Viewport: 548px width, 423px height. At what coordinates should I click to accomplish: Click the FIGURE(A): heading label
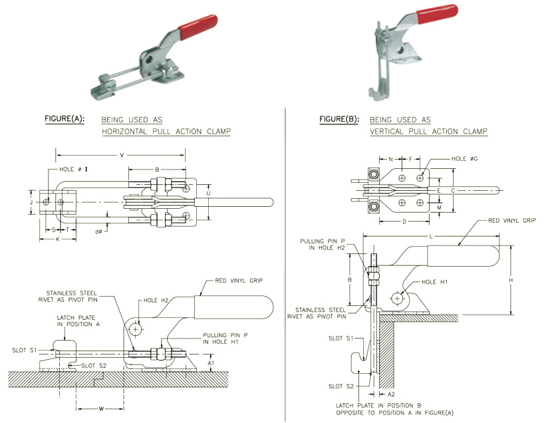coord(65,119)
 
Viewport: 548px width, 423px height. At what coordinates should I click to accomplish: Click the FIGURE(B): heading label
coord(339,119)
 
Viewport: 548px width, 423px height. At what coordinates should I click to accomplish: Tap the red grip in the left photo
coord(198,27)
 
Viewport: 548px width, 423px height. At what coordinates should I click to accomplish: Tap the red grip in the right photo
coord(437,13)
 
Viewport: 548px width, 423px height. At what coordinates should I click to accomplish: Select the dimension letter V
coord(122,155)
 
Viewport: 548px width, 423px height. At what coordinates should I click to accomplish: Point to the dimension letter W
coord(101,408)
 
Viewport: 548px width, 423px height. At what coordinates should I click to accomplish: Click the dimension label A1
coord(211,363)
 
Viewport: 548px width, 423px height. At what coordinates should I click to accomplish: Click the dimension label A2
coord(391,394)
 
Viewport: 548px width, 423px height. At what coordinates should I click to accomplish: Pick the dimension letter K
coord(58,239)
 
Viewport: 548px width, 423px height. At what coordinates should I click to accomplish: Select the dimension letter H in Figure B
coord(511,281)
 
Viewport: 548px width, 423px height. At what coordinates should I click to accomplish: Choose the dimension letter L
coord(431,237)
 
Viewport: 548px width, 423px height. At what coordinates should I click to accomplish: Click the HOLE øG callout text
coord(464,159)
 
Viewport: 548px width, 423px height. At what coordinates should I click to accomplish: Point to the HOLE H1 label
coord(434,282)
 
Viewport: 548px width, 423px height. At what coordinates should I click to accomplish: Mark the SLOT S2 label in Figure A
coord(94,366)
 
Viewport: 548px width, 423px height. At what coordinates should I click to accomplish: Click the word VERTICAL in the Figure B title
coord(386,132)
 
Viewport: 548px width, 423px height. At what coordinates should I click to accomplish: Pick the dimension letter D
coord(404,221)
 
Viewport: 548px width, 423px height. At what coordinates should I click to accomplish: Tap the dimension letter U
coord(209,193)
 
